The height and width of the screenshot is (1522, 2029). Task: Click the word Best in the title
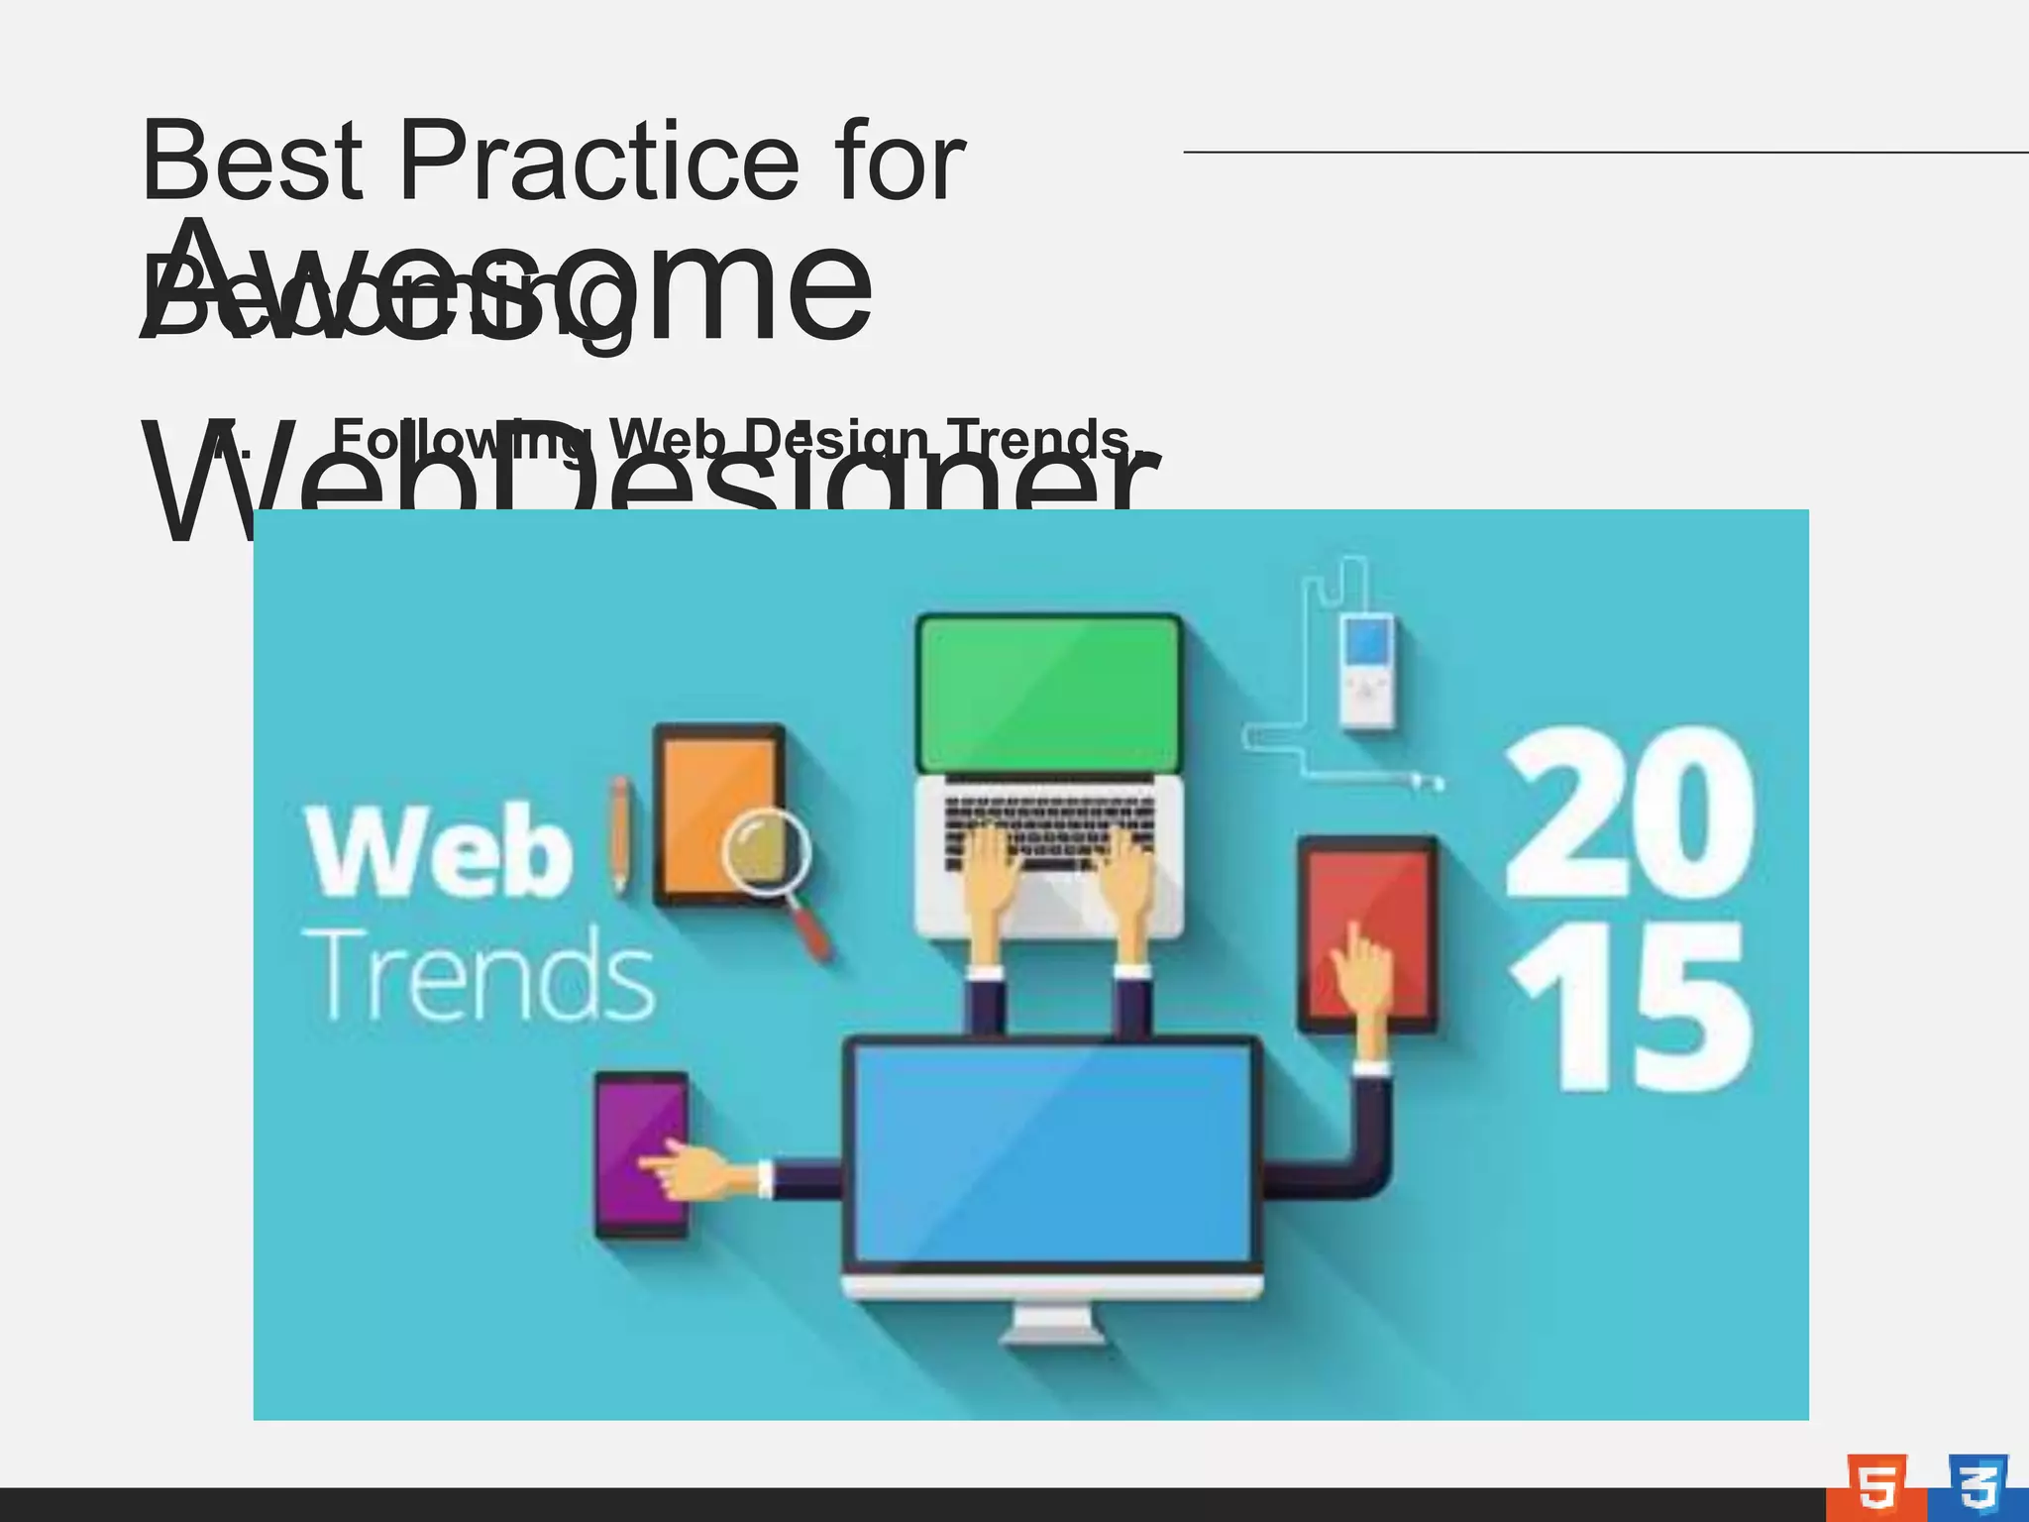(253, 161)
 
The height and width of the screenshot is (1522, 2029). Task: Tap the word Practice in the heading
(598, 161)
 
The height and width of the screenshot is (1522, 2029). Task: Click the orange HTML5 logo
(1875, 1485)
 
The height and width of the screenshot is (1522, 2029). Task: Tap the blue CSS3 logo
(1977, 1485)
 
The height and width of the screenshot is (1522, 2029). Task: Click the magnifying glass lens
(766, 851)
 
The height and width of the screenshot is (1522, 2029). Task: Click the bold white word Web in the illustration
(440, 852)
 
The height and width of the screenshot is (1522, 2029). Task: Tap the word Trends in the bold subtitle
(1036, 439)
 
